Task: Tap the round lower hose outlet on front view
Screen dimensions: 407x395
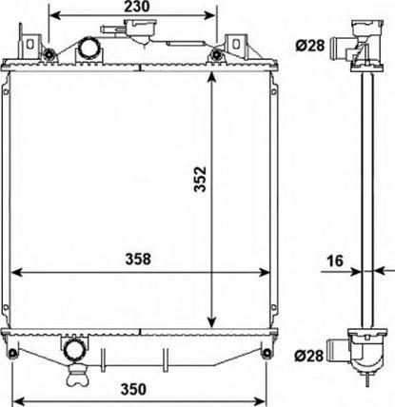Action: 75,351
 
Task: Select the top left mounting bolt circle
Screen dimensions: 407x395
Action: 41,51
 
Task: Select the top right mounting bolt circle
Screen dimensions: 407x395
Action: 220,51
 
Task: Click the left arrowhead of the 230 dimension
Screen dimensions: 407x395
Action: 54,16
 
